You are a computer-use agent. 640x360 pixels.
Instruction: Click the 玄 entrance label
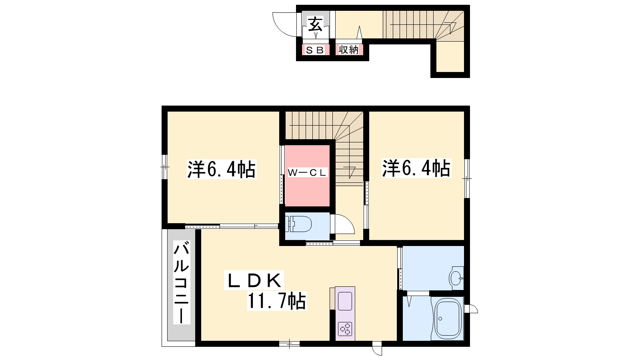(x=316, y=24)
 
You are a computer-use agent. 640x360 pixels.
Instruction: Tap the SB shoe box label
(x=315, y=50)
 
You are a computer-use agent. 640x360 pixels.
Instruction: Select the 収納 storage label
(x=348, y=50)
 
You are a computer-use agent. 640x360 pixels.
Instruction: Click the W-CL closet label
(x=307, y=172)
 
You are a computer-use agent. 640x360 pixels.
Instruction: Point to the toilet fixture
(x=300, y=224)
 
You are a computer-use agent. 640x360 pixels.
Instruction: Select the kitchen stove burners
(x=345, y=329)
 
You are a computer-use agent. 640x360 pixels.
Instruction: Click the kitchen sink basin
(x=345, y=301)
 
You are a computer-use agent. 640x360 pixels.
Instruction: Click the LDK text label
(x=254, y=280)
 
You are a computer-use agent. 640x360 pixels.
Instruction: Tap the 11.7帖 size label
(x=277, y=301)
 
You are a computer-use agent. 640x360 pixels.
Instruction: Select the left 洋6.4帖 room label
(x=222, y=170)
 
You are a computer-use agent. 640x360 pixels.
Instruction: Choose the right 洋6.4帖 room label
(x=416, y=168)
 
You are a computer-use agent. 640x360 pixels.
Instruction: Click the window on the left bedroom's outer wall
(x=164, y=167)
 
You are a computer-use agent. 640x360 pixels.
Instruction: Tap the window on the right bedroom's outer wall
(x=467, y=178)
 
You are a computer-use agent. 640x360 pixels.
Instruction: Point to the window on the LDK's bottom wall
(x=289, y=344)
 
